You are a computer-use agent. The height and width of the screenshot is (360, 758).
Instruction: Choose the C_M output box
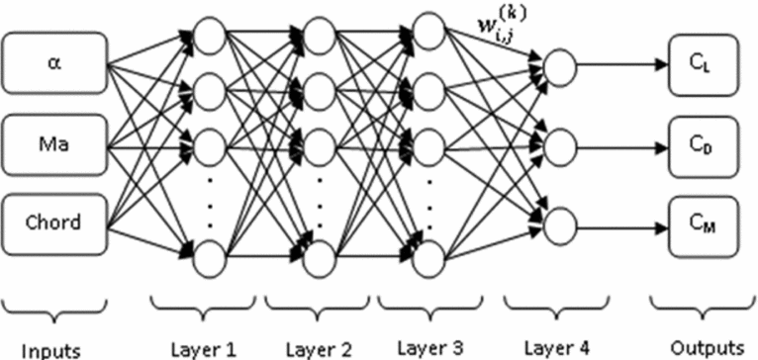pyautogui.click(x=704, y=219)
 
